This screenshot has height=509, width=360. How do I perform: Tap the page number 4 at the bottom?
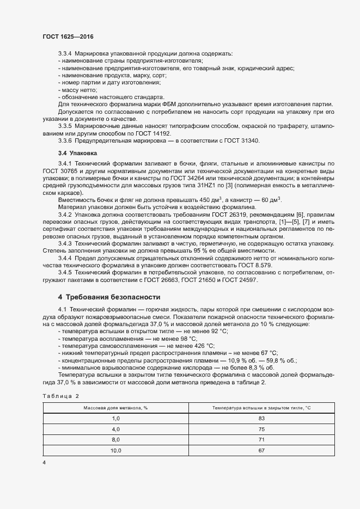point(44,463)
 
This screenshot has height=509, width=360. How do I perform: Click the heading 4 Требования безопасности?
point(109,297)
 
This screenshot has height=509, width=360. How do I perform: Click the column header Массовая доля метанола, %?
point(115,408)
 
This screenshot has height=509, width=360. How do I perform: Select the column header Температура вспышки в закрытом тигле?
point(261,408)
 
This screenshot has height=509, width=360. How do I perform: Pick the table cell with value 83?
point(261,418)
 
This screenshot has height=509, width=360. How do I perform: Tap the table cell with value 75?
point(261,428)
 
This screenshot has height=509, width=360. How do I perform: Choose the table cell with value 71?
point(261,439)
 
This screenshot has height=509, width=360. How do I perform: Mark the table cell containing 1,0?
point(115,418)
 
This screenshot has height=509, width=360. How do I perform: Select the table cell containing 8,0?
point(115,439)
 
